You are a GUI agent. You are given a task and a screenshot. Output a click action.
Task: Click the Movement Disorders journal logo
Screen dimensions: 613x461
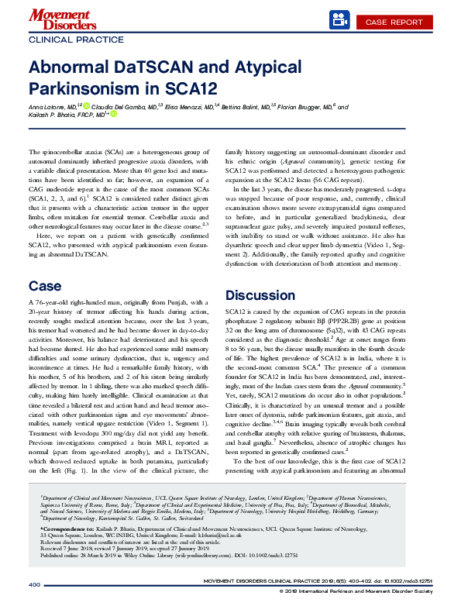pos(57,18)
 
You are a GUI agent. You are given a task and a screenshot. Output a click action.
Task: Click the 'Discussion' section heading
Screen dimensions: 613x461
pos(260,295)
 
